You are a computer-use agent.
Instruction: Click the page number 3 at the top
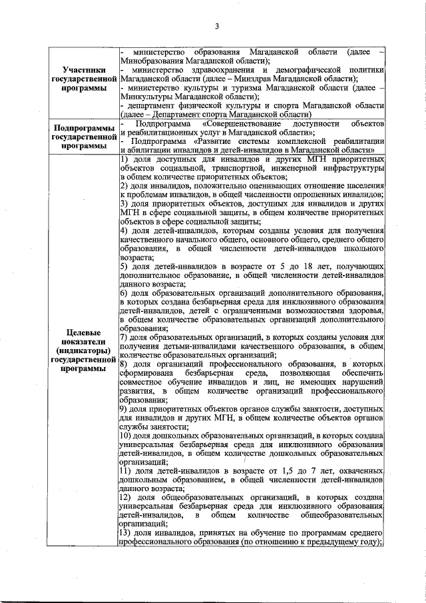(x=217, y=27)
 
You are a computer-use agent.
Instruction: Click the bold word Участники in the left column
(x=82, y=69)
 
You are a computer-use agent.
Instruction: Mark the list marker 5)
(x=124, y=267)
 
